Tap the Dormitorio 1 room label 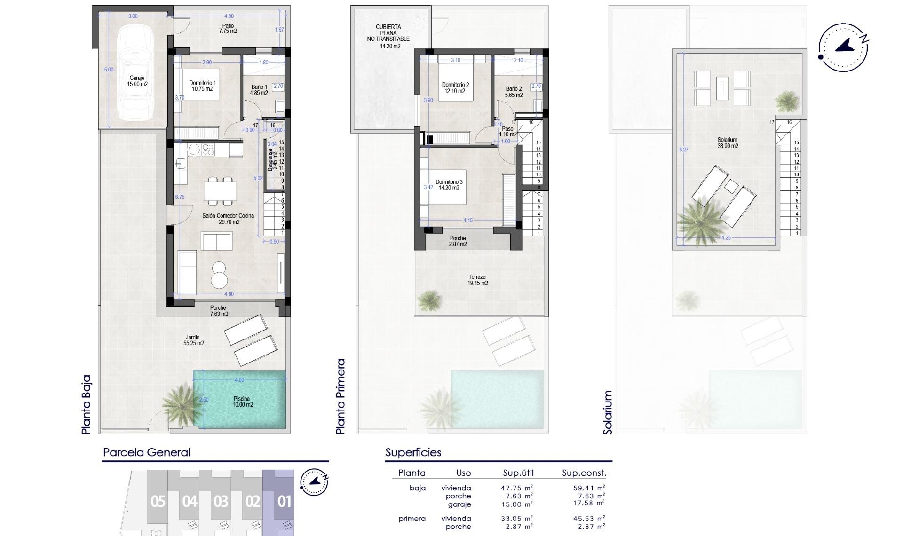(x=202, y=86)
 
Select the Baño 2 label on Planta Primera (x=514, y=92)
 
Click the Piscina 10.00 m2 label (x=243, y=402)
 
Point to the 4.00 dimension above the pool (x=239, y=380)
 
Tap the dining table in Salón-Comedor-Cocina (x=220, y=191)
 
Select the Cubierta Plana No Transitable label (x=388, y=36)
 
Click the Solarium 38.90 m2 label (x=728, y=142)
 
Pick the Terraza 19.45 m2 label (x=477, y=280)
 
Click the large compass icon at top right (x=843, y=47)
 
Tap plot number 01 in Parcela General (x=284, y=502)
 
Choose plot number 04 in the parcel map (x=190, y=502)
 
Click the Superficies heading (x=413, y=452)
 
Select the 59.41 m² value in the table (x=588, y=488)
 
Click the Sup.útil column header (x=518, y=473)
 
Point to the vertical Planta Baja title (x=86, y=404)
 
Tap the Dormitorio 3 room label (x=449, y=184)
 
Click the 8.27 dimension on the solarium (x=683, y=150)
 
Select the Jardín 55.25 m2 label (x=194, y=340)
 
